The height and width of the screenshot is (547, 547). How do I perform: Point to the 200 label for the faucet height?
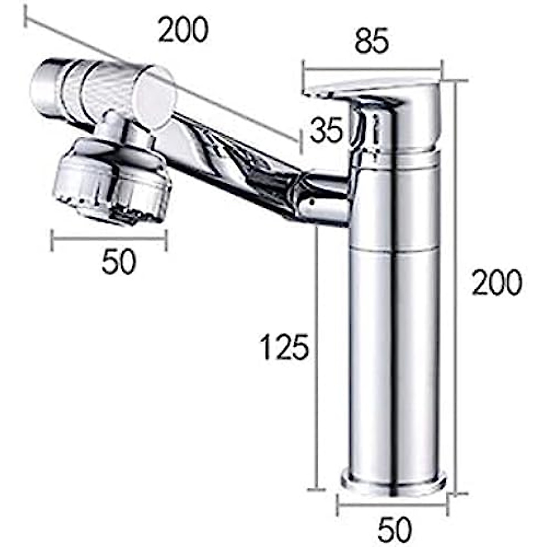496,282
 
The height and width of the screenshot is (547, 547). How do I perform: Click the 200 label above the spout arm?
183,30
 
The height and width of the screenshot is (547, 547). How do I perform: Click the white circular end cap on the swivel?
155,96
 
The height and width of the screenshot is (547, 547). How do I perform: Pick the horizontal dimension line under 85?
372,69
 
